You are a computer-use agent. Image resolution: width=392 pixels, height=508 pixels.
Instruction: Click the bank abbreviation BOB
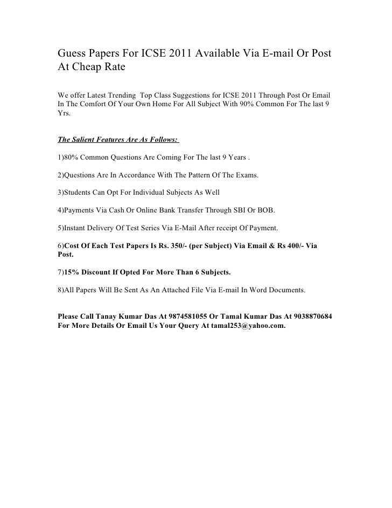click(277, 210)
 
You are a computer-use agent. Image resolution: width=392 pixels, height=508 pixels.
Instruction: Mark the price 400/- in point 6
click(293, 245)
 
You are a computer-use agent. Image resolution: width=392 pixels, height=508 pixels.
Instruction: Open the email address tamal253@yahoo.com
click(243, 326)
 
